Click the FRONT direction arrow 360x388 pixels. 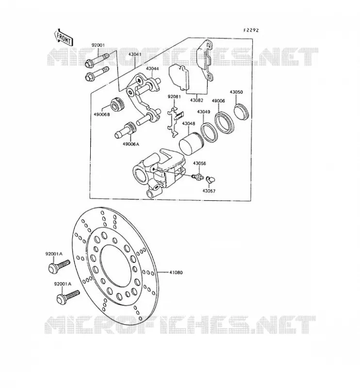coord(63,37)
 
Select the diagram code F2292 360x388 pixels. coord(251,30)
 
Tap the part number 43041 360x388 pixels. coord(135,54)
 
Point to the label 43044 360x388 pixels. coord(152,68)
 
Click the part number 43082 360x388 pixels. coord(196,100)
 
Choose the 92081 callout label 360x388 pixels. coord(174,97)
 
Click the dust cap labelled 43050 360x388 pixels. coord(241,112)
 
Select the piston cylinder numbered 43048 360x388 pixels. coord(191,144)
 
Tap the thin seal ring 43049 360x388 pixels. coord(209,133)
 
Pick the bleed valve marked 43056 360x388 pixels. coord(198,176)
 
